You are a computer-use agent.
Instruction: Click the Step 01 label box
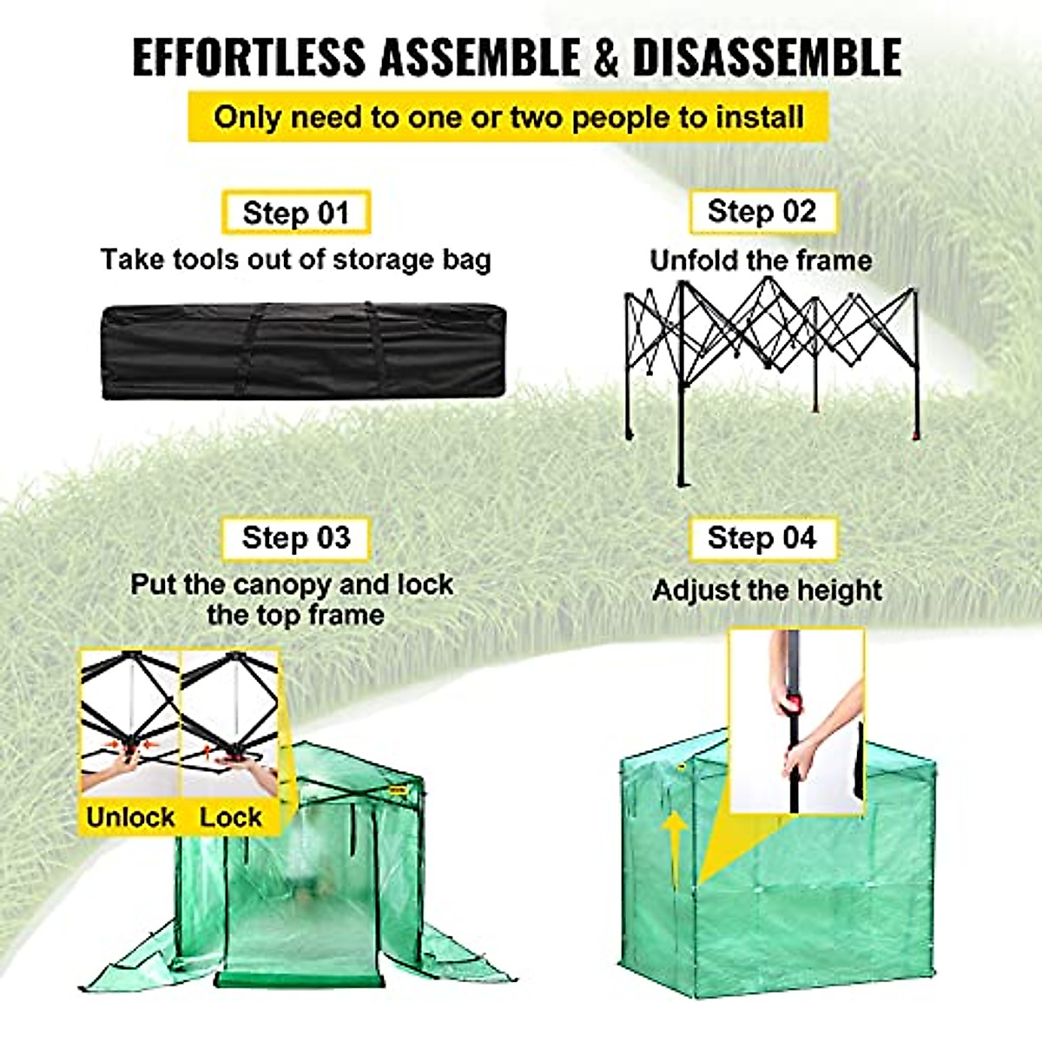296,213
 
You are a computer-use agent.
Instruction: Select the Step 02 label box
762,211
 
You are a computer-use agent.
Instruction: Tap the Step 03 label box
296,538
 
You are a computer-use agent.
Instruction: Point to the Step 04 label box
762,538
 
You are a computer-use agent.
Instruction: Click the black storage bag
303,352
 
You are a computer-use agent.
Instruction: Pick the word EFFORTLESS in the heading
249,57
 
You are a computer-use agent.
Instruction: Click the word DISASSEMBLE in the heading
767,57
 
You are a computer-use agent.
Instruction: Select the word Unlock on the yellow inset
130,817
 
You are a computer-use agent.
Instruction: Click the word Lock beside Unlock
230,817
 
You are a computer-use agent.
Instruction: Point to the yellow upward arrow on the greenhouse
673,847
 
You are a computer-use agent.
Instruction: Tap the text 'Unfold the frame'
761,260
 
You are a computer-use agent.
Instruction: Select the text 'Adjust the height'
767,590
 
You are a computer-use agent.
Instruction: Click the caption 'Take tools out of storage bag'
295,260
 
